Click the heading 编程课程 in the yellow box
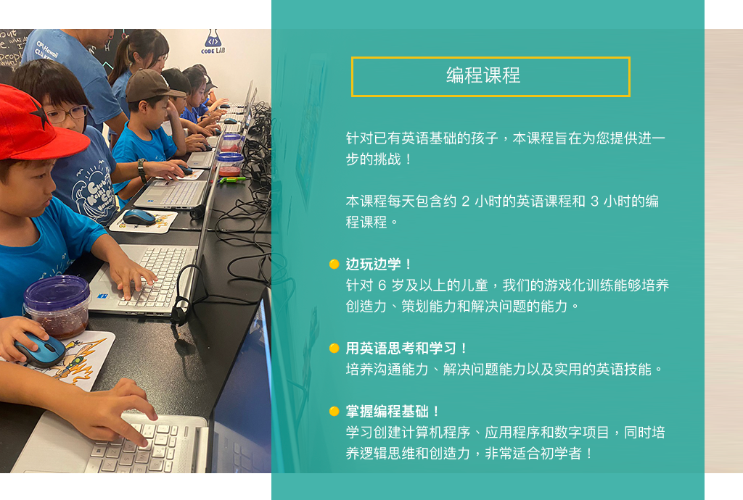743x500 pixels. (x=483, y=76)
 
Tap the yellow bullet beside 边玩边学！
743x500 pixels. (x=334, y=264)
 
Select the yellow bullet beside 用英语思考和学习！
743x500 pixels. (x=334, y=349)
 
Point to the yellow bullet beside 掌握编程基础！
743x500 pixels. (x=334, y=412)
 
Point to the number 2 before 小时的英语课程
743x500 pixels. (x=466, y=201)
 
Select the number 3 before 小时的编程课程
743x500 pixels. (x=594, y=201)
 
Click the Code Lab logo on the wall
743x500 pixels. (x=213, y=42)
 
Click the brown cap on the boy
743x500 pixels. (x=151, y=84)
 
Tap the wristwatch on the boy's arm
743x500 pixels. (x=142, y=169)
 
